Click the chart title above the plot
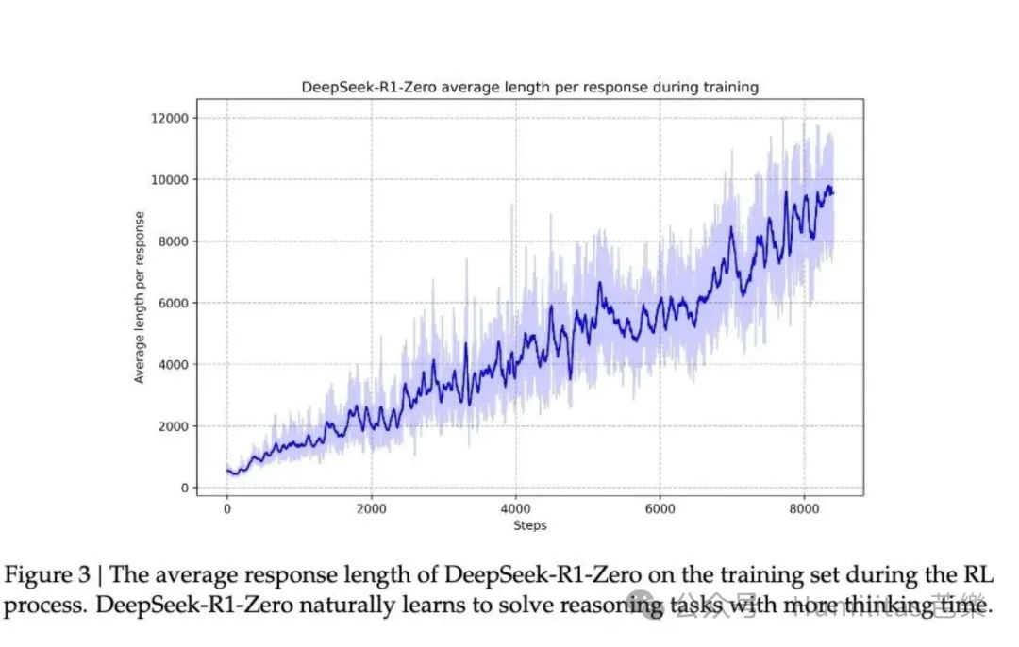(x=529, y=87)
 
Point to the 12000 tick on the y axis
(x=170, y=118)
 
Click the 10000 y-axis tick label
(x=170, y=179)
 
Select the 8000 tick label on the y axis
(x=174, y=241)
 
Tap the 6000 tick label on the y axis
(x=174, y=303)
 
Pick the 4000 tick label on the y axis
(x=174, y=364)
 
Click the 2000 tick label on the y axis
(x=174, y=426)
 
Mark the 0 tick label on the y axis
(x=185, y=488)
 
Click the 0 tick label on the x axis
(x=227, y=509)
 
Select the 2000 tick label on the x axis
(x=371, y=509)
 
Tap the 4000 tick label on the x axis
(x=515, y=509)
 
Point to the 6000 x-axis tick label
(x=660, y=509)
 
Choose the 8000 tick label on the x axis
(x=804, y=509)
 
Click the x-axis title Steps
(x=529, y=525)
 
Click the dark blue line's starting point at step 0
(x=228, y=471)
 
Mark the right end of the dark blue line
(x=833, y=193)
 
